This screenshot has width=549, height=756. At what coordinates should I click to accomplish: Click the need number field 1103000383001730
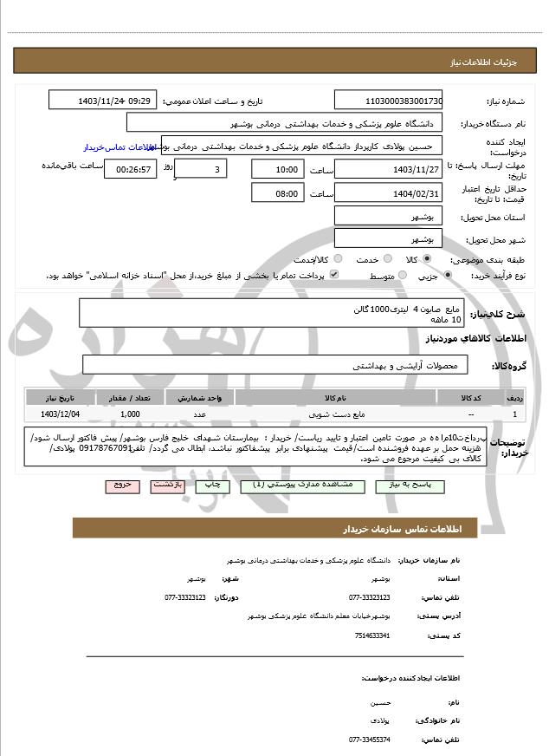(388, 100)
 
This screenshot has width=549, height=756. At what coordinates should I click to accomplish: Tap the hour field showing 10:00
(277, 169)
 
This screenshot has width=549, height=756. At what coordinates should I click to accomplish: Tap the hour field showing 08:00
(277, 193)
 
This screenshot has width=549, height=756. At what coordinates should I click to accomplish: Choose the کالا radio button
(427, 259)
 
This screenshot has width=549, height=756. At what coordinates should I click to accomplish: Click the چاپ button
(212, 486)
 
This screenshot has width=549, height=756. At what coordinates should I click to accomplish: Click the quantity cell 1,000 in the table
(130, 414)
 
